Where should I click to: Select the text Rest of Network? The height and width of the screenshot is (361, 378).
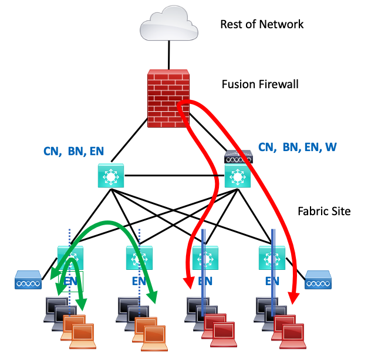[262, 24]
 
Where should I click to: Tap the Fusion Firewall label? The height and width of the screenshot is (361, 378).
[259, 85]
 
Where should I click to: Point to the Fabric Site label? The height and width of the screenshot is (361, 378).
[323, 210]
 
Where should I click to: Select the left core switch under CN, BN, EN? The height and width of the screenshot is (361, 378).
[111, 175]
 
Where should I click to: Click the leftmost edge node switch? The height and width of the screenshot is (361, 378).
[69, 257]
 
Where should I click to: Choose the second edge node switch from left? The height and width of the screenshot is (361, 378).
[139, 257]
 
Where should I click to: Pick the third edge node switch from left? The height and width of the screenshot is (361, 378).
[204, 257]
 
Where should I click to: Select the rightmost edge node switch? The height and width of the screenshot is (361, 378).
[271, 257]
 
